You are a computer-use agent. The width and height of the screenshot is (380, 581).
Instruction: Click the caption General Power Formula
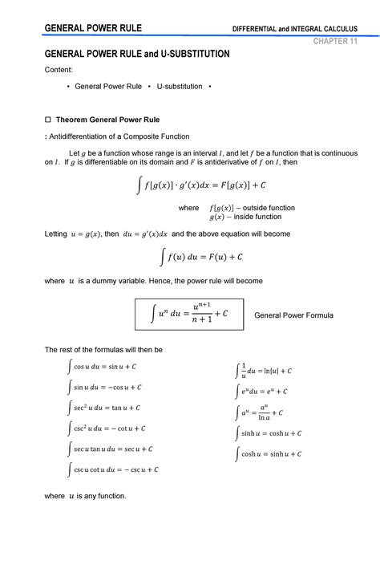(x=293, y=315)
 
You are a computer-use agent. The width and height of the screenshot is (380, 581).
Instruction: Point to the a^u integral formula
(x=264, y=412)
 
